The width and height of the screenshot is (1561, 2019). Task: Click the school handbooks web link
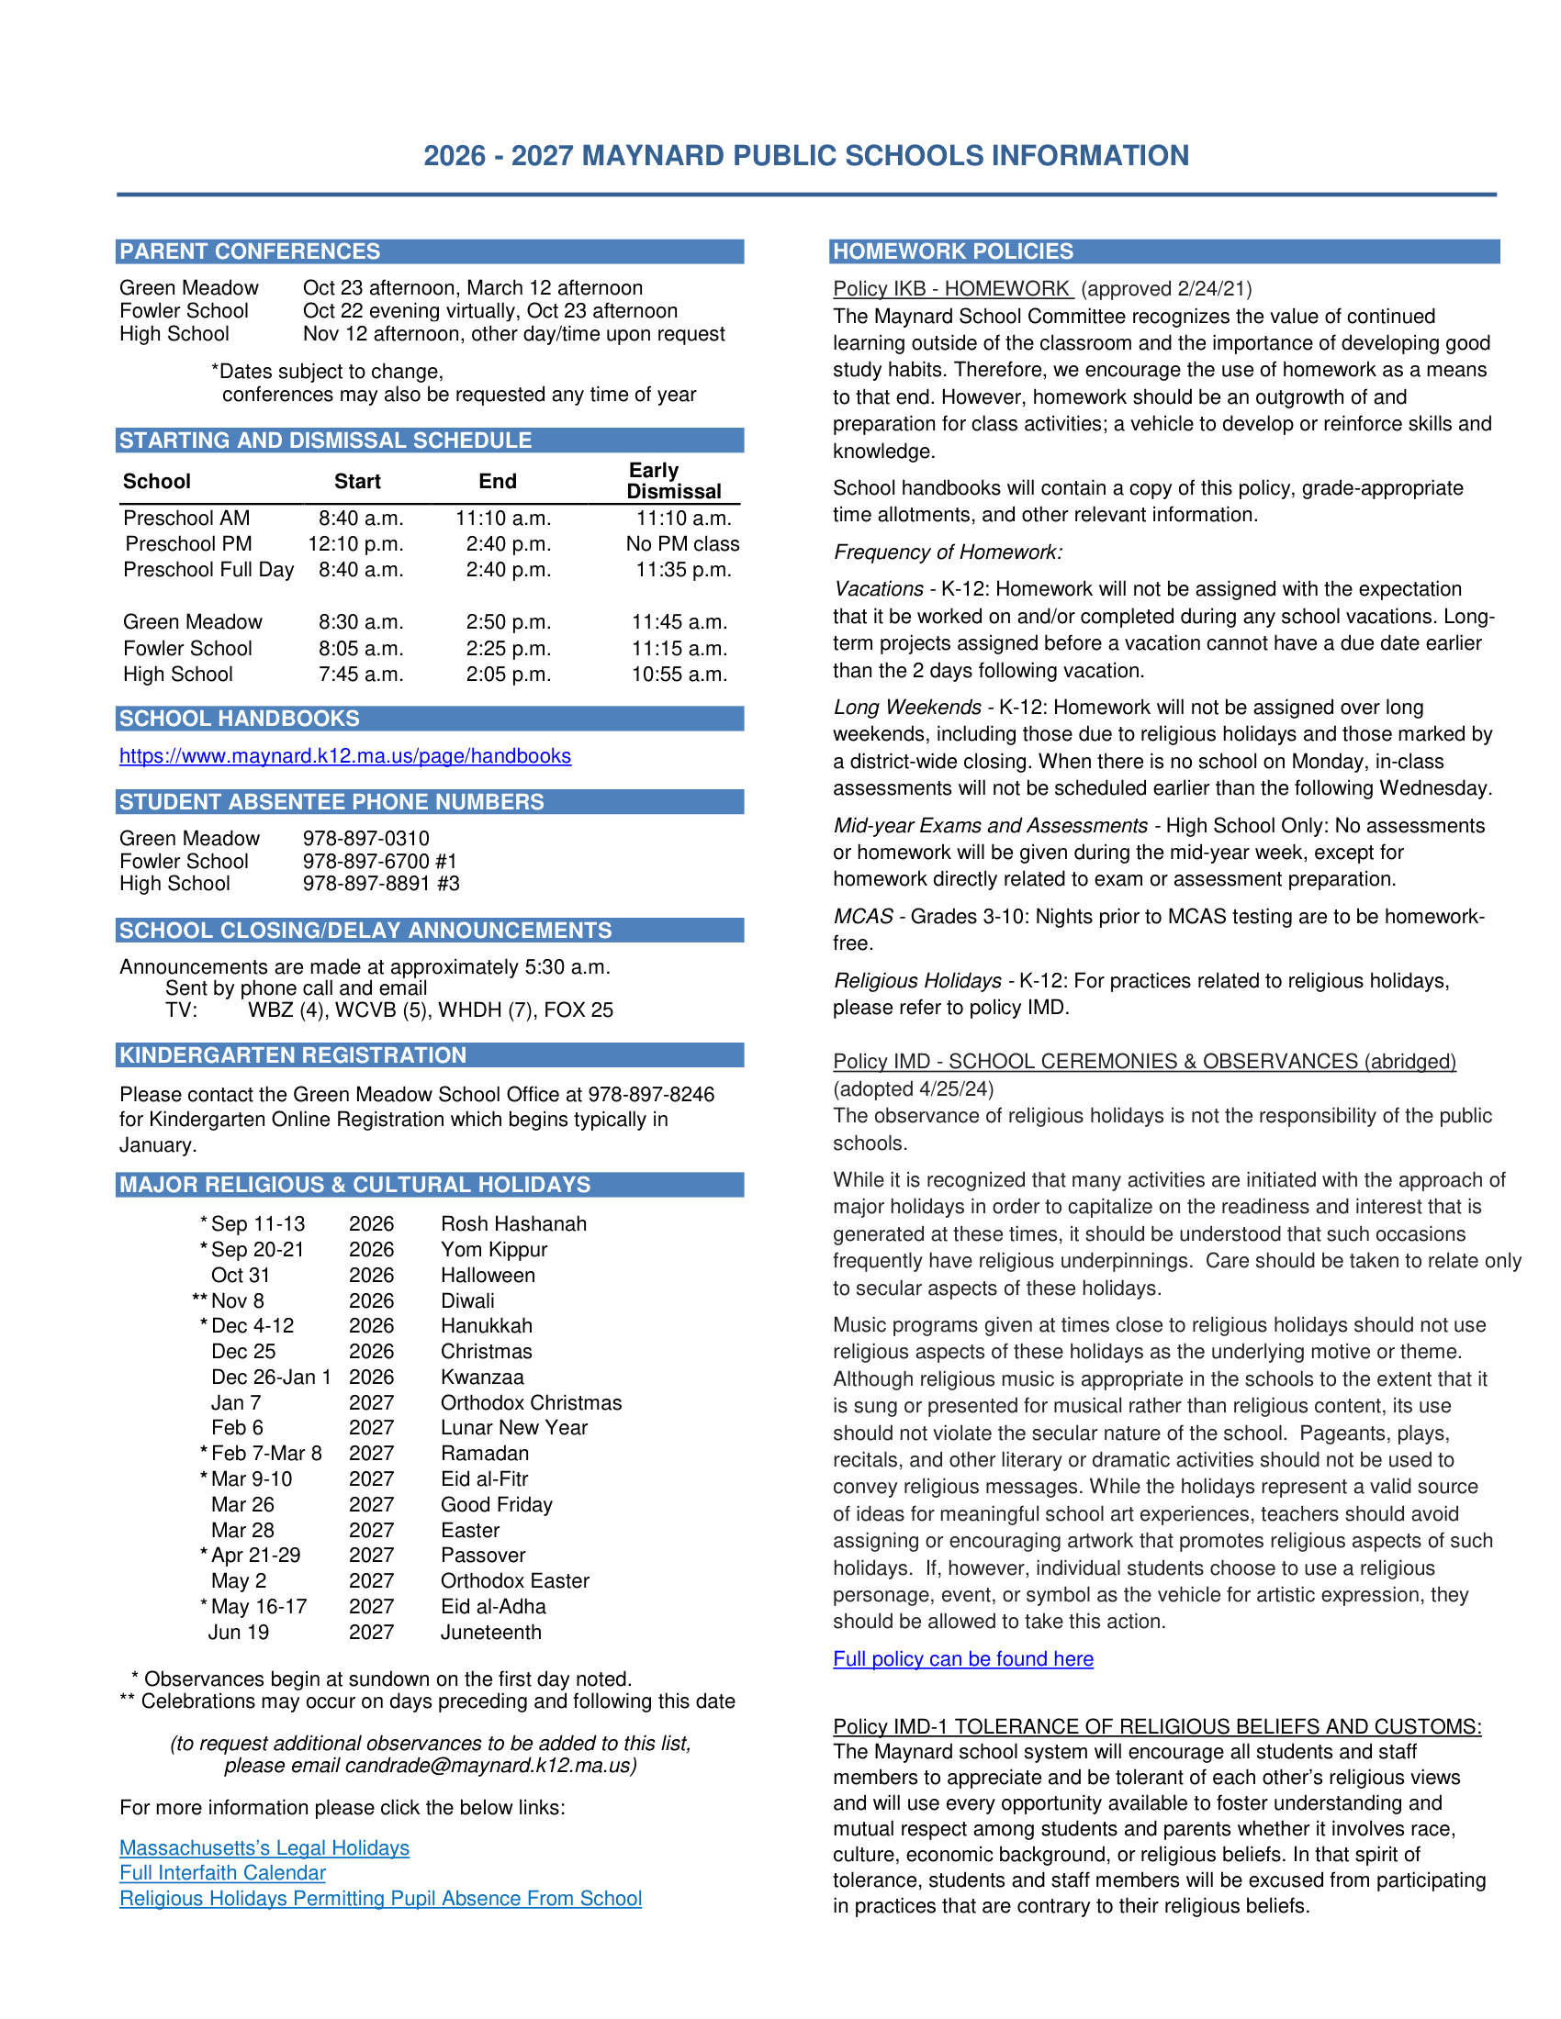(345, 756)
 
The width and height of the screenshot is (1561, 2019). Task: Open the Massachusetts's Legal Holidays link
(264, 1848)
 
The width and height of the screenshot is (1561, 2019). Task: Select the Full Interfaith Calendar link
(223, 1873)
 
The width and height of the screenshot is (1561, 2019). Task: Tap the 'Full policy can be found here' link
(962, 1659)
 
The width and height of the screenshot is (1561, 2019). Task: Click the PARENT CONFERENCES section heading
(250, 251)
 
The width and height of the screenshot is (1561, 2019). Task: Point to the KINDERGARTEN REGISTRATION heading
(293, 1055)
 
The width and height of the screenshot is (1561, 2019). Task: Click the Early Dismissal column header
(673, 481)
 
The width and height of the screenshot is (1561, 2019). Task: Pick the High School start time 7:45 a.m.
(361, 675)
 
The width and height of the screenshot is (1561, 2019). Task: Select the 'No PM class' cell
(682, 544)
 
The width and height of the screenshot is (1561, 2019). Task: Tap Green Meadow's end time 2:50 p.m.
(508, 622)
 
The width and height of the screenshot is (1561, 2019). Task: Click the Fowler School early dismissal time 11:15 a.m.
(679, 649)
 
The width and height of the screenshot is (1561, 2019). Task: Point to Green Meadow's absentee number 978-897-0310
(366, 839)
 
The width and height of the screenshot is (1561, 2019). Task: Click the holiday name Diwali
(468, 1300)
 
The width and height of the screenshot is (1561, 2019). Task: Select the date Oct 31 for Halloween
(241, 1276)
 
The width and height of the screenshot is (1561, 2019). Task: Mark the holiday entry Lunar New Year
(514, 1428)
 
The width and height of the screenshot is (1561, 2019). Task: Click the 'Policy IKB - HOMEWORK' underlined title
(951, 289)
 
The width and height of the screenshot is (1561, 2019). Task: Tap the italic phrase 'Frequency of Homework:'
(948, 552)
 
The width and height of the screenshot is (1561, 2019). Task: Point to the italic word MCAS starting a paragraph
(863, 917)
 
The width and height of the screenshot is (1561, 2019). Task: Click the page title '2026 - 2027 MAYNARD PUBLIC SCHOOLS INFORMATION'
(806, 155)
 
